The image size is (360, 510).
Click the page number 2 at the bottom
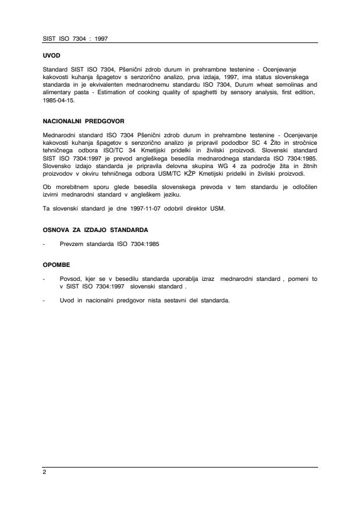[45, 473]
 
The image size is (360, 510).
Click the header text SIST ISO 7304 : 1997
[76, 39]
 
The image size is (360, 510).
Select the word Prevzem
[72, 243]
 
